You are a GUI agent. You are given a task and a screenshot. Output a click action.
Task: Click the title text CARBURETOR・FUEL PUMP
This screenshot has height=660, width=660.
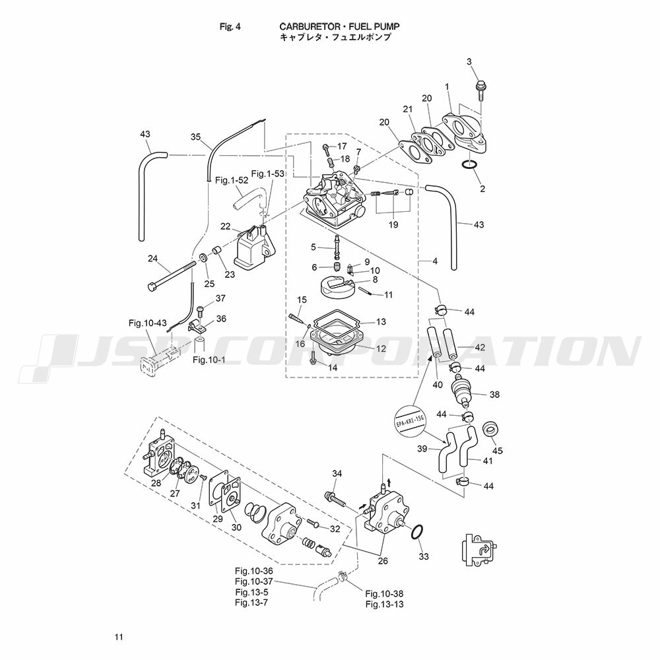click(340, 26)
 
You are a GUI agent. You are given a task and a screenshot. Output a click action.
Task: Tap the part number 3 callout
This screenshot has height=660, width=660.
click(469, 62)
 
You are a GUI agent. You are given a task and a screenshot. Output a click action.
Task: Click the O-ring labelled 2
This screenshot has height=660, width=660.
click(467, 165)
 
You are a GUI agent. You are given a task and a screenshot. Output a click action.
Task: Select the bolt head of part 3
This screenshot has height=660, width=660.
click(478, 86)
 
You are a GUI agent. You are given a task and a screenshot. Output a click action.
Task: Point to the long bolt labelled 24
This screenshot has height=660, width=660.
click(174, 275)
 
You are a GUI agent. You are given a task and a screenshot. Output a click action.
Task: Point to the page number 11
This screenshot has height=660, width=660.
click(118, 637)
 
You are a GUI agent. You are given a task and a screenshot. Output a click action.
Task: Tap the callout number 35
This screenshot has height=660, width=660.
click(195, 137)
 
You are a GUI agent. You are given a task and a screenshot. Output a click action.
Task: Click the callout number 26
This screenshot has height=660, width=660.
click(382, 561)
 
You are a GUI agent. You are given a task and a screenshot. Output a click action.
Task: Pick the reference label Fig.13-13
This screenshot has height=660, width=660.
click(384, 604)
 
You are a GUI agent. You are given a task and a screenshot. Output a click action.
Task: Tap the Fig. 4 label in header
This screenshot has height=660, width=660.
click(230, 26)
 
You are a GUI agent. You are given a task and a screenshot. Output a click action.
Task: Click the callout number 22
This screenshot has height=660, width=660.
click(225, 226)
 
